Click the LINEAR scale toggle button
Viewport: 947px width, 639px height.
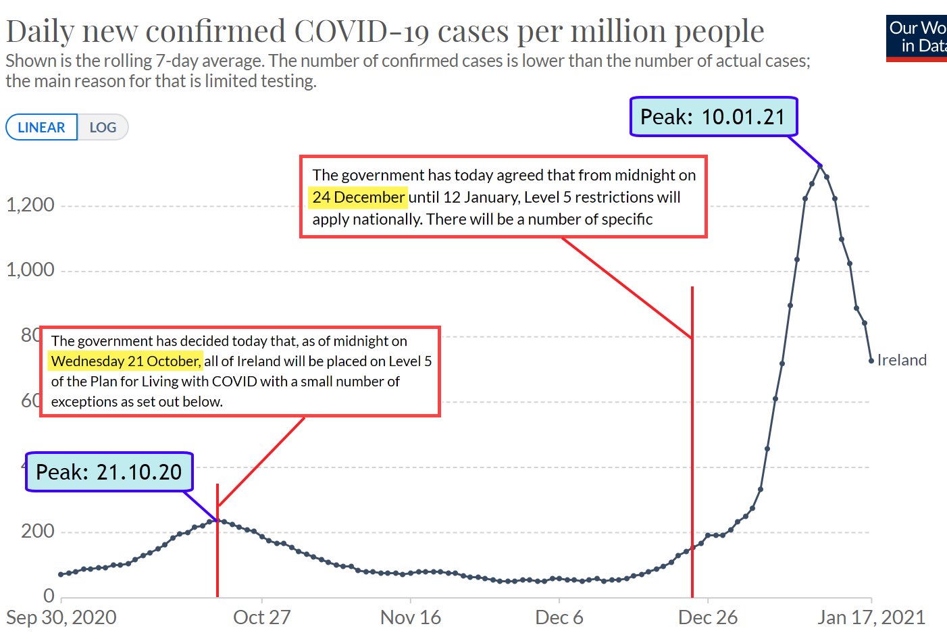[41, 127]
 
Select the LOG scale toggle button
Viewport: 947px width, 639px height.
[103, 127]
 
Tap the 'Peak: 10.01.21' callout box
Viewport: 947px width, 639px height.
[713, 117]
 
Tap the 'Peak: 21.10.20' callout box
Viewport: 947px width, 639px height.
[109, 471]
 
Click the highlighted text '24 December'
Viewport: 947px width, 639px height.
[359, 197]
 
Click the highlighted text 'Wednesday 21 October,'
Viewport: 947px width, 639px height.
[126, 361]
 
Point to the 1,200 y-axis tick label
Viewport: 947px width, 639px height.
[30, 205]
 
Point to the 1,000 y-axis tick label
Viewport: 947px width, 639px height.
[30, 270]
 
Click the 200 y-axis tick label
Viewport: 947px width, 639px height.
[38, 532]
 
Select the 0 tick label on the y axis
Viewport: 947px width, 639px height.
[49, 596]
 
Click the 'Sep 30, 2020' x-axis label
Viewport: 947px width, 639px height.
[61, 617]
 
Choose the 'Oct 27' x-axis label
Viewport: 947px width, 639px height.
[261, 617]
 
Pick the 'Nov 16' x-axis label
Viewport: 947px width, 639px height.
[411, 617]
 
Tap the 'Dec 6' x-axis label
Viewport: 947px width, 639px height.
[559, 617]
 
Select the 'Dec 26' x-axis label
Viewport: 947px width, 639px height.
[708, 617]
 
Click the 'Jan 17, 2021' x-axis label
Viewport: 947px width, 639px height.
[871, 617]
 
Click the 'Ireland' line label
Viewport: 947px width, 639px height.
[902, 360]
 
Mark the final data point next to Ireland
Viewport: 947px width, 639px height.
[871, 361]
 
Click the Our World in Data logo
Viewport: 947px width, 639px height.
[917, 37]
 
